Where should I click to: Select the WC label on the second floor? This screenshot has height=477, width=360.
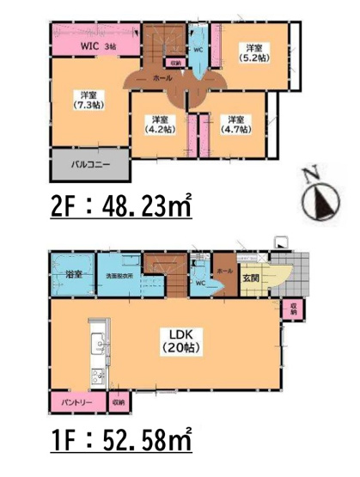[198, 50]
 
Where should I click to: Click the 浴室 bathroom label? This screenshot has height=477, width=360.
[72, 275]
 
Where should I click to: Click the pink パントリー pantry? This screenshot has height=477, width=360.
[74, 401]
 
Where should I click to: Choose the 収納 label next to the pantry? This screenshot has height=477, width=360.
[118, 401]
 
